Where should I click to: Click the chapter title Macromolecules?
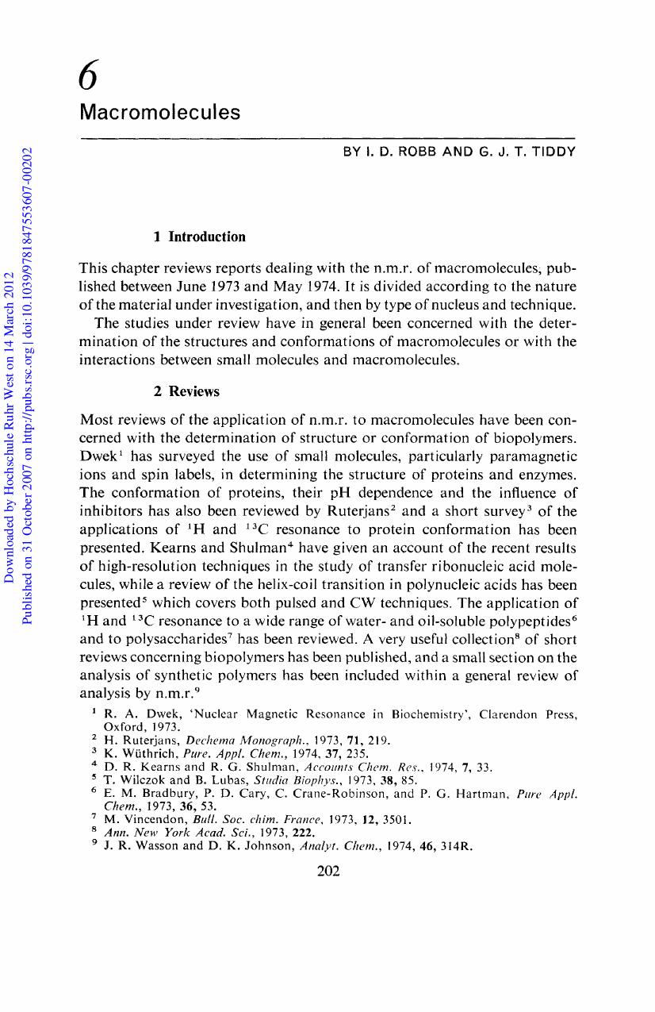click(x=159, y=112)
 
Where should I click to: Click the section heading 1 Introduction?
click(x=199, y=237)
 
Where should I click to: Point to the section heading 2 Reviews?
click(x=186, y=391)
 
